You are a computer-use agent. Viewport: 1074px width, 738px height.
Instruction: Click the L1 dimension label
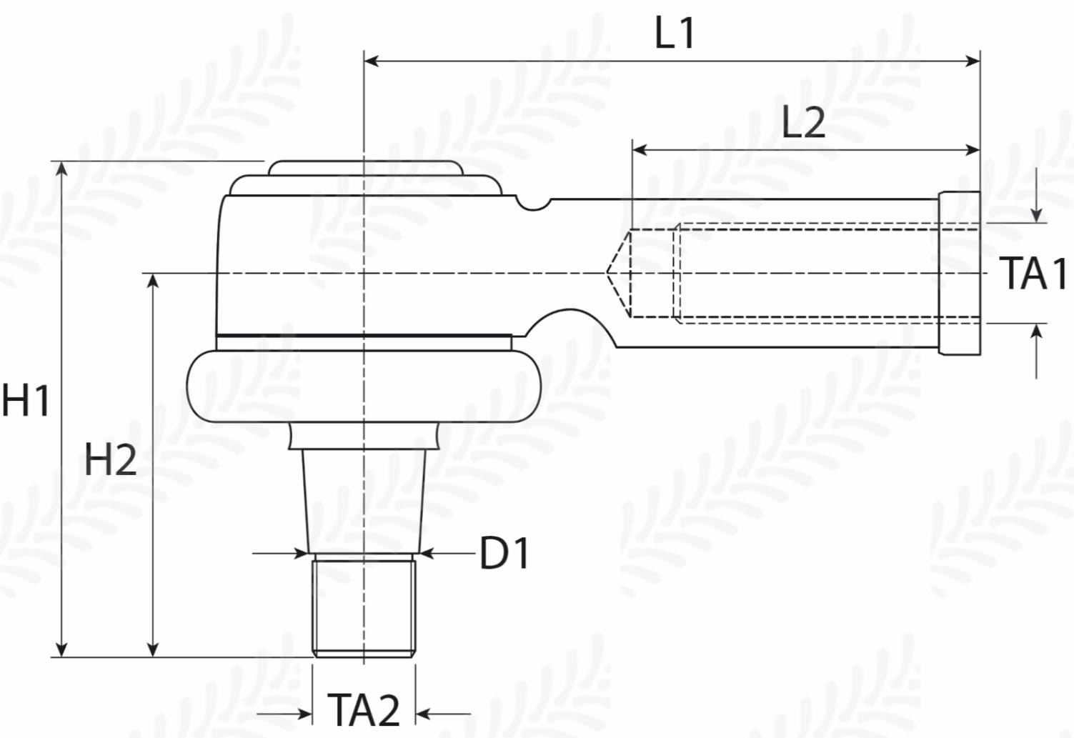pyautogui.click(x=675, y=33)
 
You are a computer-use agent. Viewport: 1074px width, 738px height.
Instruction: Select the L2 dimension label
pyautogui.click(x=803, y=122)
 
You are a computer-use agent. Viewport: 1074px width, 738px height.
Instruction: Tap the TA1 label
pyautogui.click(x=1033, y=273)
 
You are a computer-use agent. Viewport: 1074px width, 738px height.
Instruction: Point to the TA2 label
pyautogui.click(x=364, y=710)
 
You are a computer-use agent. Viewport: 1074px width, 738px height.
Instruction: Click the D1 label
pyautogui.click(x=504, y=553)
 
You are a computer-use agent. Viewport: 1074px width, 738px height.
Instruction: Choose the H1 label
pyautogui.click(x=26, y=400)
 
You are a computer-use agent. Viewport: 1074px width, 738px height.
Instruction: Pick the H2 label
pyautogui.click(x=110, y=459)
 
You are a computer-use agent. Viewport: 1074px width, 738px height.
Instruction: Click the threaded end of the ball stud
pyautogui.click(x=364, y=607)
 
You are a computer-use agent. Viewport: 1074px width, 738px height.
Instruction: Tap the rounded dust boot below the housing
pyautogui.click(x=364, y=387)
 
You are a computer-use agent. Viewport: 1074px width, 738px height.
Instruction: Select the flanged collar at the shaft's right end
pyautogui.click(x=959, y=273)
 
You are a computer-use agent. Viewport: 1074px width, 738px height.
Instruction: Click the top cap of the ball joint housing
pyautogui.click(x=364, y=169)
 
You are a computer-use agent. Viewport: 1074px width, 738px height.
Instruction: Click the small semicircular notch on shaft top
pyautogui.click(x=534, y=204)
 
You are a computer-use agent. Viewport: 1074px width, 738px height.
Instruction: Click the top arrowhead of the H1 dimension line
pyautogui.click(x=61, y=169)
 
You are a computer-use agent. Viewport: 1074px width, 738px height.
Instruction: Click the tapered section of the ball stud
pyautogui.click(x=364, y=500)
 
